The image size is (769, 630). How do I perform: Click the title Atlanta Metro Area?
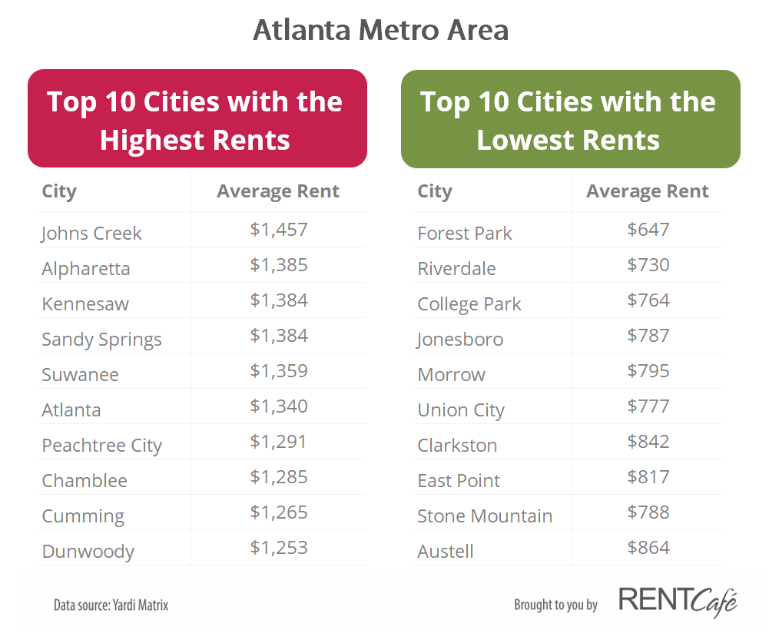[x=380, y=31]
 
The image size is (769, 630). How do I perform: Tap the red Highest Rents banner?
[x=197, y=120]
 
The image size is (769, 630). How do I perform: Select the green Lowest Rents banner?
[x=570, y=120]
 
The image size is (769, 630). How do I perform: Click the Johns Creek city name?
[x=91, y=234]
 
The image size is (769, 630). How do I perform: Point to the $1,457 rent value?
[x=279, y=229]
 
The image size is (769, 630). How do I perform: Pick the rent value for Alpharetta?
[x=279, y=265]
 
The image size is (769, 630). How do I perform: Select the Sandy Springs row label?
[x=101, y=340]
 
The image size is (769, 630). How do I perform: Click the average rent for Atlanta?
[x=279, y=406]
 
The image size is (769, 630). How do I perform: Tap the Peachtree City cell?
[x=101, y=446]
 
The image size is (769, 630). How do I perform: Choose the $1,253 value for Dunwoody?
[x=279, y=548]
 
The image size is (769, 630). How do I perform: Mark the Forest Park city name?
[x=464, y=234]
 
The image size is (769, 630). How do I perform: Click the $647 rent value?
[x=648, y=229]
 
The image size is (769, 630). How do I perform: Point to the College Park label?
[x=469, y=304]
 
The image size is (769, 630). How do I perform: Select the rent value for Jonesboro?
[x=648, y=336]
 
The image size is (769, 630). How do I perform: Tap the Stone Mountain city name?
[x=485, y=516]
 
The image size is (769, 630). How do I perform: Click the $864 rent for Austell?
[x=648, y=548]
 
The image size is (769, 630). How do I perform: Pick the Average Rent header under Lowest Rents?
[x=648, y=191]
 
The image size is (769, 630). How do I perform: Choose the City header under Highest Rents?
[x=59, y=191]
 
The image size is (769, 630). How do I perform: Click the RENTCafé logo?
[x=678, y=602]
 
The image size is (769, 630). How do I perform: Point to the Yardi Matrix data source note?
[x=111, y=605]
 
